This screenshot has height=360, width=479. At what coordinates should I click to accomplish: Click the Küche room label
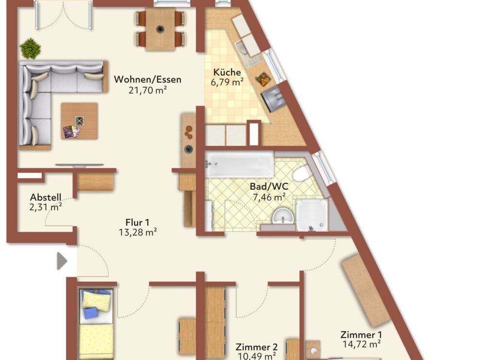point(227,72)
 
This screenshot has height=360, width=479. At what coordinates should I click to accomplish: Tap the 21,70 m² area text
point(147,90)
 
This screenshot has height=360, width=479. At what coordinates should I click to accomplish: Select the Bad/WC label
point(269,186)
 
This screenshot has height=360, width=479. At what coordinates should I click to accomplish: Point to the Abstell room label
point(46,197)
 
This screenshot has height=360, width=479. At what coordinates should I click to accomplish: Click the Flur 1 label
point(138,222)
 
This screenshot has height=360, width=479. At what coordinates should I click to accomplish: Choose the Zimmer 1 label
point(361,335)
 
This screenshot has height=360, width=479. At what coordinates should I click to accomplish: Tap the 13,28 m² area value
point(138,232)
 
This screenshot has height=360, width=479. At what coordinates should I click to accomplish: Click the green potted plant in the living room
point(30,48)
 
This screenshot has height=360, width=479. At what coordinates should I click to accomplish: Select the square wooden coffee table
point(79,121)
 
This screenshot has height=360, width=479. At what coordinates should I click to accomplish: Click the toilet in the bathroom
point(302,174)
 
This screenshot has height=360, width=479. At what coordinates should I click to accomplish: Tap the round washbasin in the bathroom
point(283,216)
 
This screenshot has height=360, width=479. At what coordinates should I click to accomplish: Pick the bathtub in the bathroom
point(239,164)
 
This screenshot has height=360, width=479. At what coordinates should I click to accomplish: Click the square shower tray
point(312,215)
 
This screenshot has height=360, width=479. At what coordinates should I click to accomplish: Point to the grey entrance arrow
point(62,261)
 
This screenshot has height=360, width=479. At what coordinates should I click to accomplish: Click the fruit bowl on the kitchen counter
point(263,79)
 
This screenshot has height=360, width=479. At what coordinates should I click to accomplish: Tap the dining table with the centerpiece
point(160,29)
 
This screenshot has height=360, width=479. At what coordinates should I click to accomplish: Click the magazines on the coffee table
point(71,132)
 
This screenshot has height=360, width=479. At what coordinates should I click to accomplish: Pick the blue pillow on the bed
point(90,313)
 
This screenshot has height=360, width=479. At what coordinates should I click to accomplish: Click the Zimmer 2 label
point(257,347)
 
